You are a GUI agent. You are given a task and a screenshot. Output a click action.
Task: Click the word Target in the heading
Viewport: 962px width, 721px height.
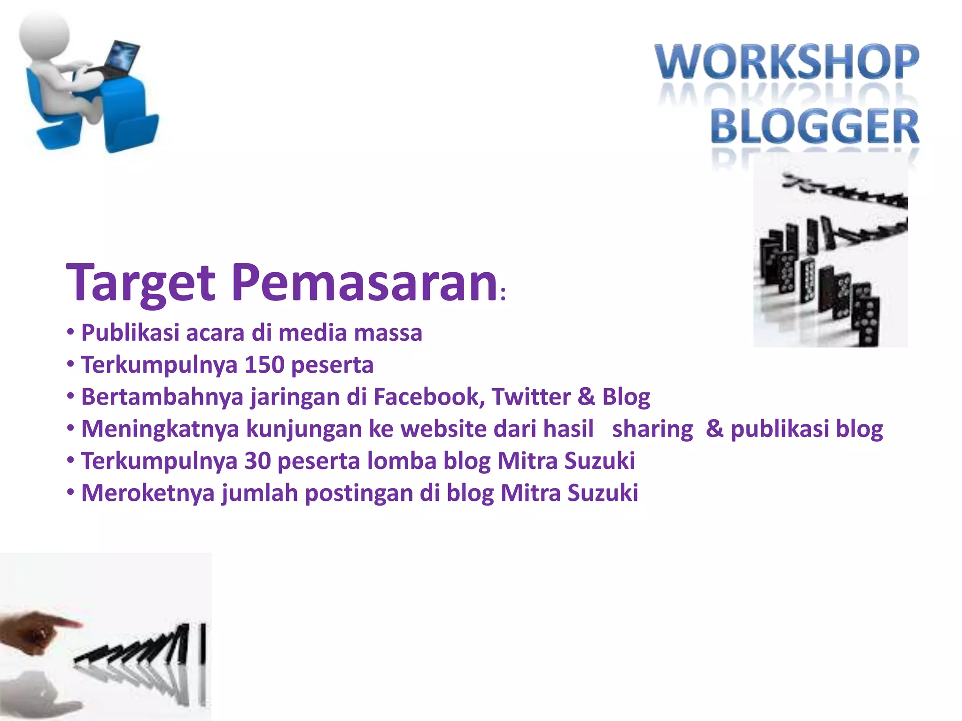point(141,283)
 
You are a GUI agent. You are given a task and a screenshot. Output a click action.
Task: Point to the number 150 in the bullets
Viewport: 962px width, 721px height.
point(264,365)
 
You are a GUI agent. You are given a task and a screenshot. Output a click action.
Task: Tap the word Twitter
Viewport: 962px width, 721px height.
point(531,397)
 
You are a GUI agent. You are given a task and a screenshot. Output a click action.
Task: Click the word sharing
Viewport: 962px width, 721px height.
point(652,430)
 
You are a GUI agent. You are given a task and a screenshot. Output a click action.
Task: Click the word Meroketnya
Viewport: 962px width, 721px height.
point(148,493)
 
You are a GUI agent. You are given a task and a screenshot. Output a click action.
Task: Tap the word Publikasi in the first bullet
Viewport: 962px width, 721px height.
point(130,333)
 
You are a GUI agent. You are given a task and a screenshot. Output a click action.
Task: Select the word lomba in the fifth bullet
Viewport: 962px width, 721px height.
point(402,460)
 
